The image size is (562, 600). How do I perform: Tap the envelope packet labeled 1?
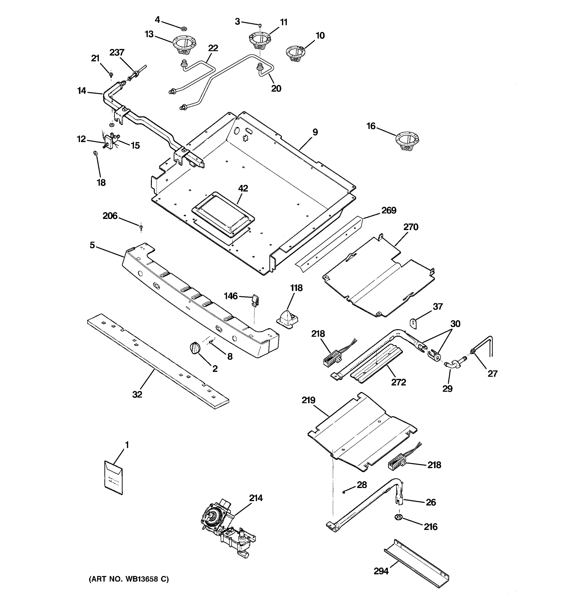(113, 477)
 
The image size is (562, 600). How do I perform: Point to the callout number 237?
(117, 53)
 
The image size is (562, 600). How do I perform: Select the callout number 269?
(389, 210)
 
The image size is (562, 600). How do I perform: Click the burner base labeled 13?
(184, 46)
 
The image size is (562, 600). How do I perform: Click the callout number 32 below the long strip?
(137, 394)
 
